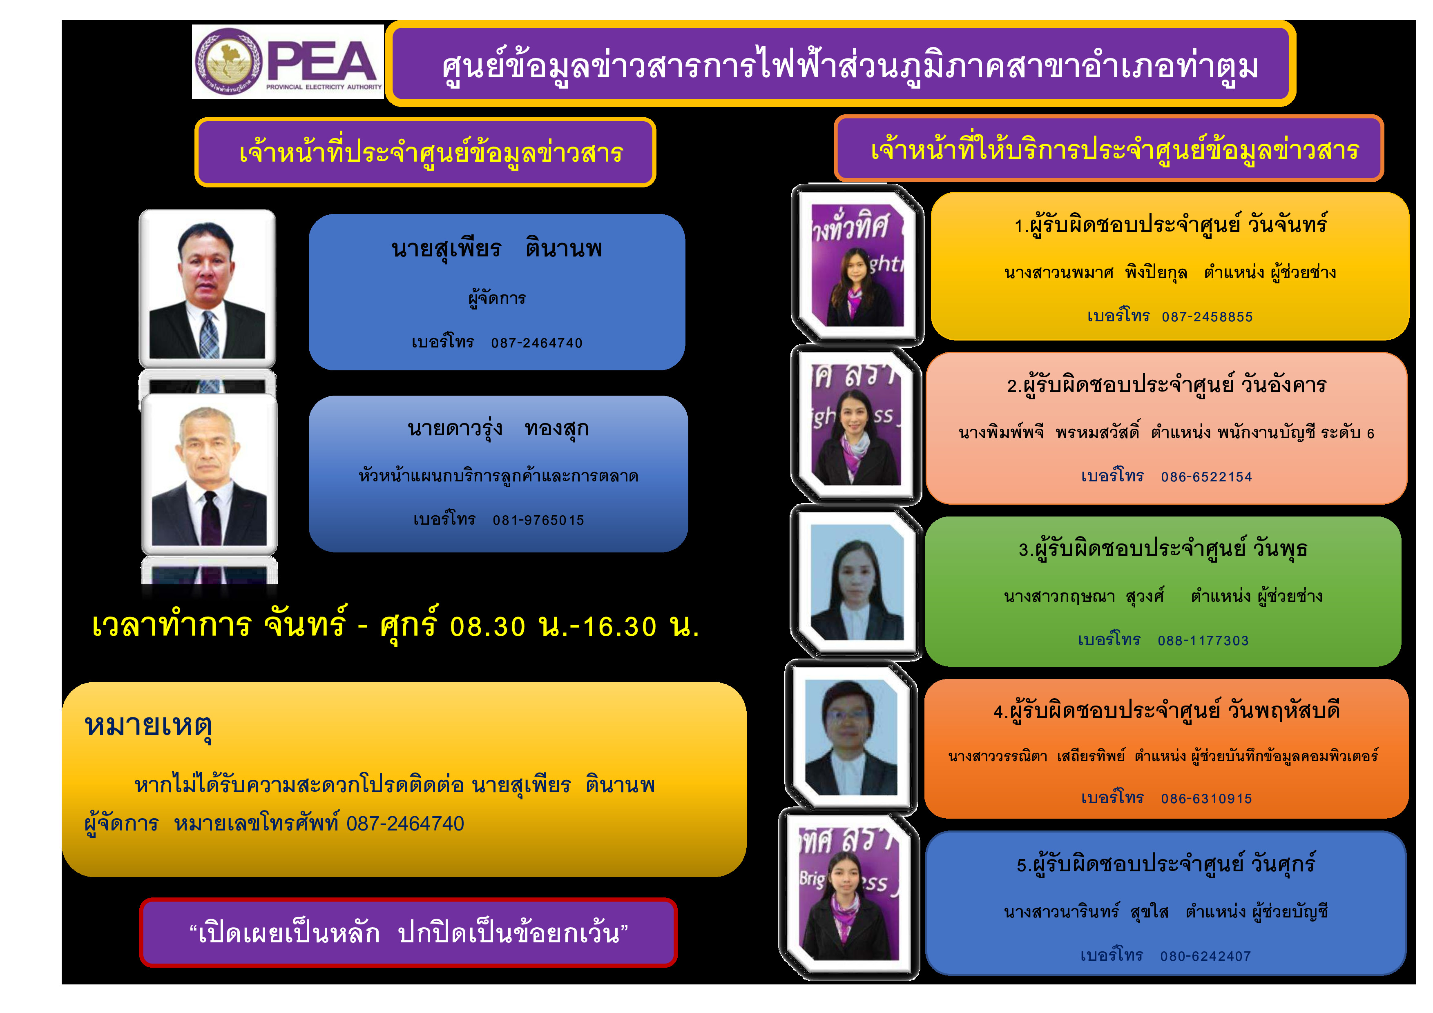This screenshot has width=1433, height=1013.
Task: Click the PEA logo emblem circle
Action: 228,62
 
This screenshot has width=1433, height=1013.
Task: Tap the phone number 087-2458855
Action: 1207,317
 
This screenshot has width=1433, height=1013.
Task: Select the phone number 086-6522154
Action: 1206,477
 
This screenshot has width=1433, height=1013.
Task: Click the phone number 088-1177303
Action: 1203,641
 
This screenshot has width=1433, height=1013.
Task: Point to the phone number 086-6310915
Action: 1206,798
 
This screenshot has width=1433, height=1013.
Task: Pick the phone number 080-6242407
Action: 1206,956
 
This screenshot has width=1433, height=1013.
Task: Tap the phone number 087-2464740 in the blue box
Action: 537,343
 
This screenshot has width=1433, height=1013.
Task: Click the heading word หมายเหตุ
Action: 149,727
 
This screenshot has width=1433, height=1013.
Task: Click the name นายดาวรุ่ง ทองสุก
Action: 498,429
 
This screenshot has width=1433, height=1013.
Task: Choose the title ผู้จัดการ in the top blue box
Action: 498,298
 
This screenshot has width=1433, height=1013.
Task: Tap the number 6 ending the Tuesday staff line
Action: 1371,434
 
